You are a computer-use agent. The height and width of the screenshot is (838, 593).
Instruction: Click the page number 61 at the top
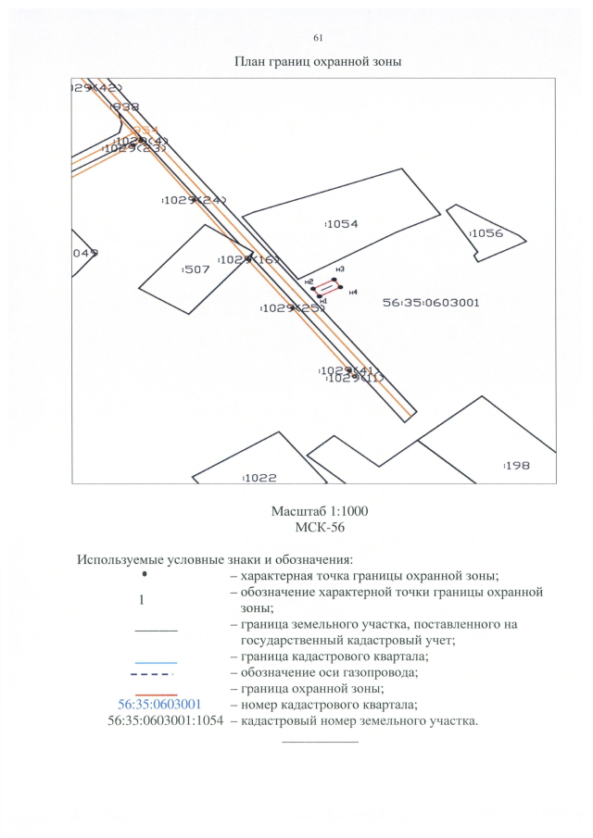click(318, 38)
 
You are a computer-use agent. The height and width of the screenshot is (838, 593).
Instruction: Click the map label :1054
click(342, 224)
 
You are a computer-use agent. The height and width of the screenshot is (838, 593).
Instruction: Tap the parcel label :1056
click(486, 233)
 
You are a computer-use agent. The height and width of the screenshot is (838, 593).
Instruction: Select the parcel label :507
click(196, 269)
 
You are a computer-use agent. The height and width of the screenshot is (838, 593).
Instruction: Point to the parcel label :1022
click(260, 478)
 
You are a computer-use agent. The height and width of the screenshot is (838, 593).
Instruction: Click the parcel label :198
click(516, 466)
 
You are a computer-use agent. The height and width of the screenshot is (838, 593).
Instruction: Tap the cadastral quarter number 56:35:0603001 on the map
click(432, 302)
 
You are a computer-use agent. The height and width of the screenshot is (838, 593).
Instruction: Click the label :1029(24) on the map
click(195, 200)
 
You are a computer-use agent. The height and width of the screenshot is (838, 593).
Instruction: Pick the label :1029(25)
click(292, 307)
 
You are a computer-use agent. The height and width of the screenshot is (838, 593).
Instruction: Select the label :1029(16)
click(248, 259)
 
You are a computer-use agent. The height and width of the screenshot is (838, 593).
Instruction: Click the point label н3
click(340, 269)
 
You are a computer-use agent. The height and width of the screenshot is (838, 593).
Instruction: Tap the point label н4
click(353, 293)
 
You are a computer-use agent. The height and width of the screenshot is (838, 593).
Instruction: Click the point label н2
click(309, 281)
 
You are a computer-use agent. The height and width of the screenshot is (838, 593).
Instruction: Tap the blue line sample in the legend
click(155, 663)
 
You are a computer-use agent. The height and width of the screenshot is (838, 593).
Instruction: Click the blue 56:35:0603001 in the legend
click(155, 705)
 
